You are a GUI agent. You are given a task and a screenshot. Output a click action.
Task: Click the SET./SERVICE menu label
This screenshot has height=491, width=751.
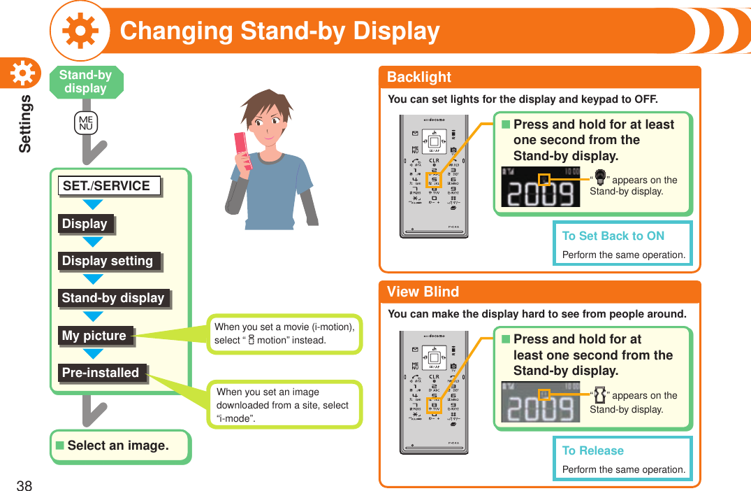click(x=108, y=186)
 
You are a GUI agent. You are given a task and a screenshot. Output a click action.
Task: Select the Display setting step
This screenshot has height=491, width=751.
click(x=109, y=262)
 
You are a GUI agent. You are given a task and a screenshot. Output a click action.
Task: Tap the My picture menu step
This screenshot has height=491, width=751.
click(x=95, y=336)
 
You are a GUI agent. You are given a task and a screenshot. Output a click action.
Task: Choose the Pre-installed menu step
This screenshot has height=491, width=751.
click(x=101, y=373)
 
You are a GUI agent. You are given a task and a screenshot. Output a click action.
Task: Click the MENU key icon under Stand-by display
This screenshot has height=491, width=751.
click(x=86, y=123)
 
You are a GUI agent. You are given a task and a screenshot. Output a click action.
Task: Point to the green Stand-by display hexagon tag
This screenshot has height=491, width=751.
click(x=85, y=83)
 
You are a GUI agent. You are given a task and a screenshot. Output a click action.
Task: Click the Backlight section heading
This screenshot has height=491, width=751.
click(x=419, y=77)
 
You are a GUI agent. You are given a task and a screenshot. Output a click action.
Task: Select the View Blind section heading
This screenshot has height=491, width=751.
click(x=423, y=292)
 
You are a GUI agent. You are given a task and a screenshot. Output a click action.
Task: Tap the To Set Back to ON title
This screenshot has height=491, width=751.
click(x=613, y=236)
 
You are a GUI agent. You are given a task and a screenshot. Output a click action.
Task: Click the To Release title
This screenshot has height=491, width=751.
click(x=592, y=450)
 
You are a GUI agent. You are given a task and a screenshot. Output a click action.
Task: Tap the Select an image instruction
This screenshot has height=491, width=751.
click(x=117, y=446)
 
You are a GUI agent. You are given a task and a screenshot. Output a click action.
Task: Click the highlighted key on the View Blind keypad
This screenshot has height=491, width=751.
click(x=434, y=405)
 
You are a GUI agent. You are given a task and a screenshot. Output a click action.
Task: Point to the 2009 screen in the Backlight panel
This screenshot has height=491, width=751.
click(x=541, y=188)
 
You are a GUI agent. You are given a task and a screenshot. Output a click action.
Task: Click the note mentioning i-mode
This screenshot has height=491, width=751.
click(x=282, y=405)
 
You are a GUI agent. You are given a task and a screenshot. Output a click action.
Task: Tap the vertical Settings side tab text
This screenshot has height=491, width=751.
click(x=25, y=123)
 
